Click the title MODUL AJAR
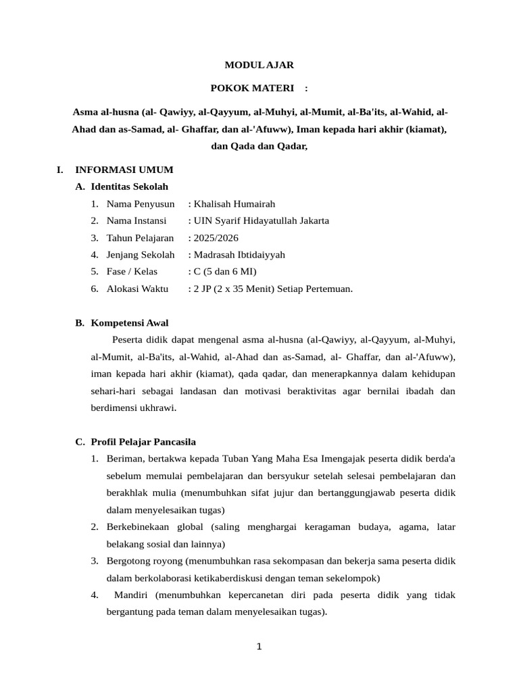(259, 66)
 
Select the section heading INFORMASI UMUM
(124, 170)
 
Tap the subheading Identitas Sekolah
(129, 187)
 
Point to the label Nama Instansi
(137, 220)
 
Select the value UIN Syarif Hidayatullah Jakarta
(261, 220)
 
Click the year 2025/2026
(216, 238)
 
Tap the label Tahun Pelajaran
(140, 238)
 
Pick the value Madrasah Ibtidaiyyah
(239, 255)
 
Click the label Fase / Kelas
(132, 272)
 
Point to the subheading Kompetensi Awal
(130, 322)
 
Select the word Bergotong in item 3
(129, 560)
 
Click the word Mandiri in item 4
(132, 595)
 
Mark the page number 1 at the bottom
(259, 647)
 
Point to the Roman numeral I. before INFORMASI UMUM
(60, 170)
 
